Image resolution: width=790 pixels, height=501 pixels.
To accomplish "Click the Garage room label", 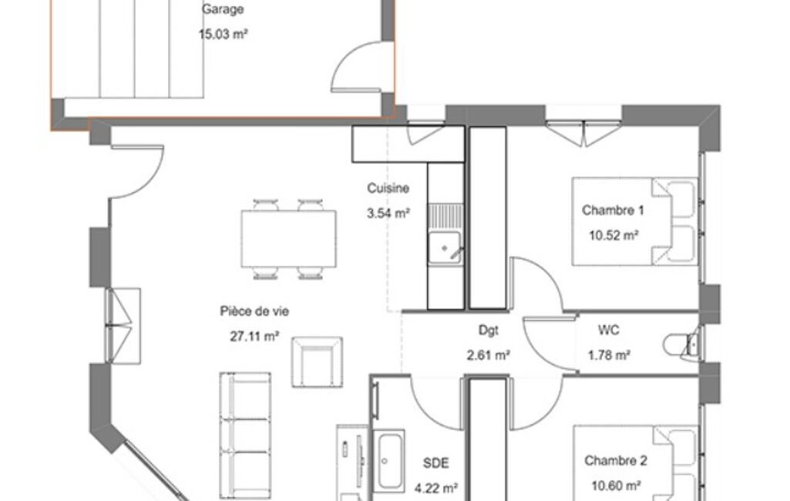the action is [x=223, y=9].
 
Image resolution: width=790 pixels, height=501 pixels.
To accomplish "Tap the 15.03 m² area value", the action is [x=224, y=34].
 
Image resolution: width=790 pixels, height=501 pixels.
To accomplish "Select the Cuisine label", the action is [x=388, y=188].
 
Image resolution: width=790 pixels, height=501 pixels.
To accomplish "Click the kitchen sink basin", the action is [x=445, y=248].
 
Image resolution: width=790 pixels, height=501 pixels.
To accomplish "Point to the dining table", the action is [x=289, y=239].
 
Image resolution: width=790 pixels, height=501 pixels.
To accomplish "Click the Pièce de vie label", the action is [x=254, y=311].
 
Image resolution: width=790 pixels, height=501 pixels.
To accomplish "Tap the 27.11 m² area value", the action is [x=254, y=336].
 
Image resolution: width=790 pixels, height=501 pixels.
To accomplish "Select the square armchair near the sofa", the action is [x=317, y=362].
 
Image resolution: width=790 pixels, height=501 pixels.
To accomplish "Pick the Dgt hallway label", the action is [x=488, y=330].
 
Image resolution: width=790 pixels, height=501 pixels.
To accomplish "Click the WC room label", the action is [x=609, y=330].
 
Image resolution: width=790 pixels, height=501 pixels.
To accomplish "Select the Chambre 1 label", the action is [x=613, y=210].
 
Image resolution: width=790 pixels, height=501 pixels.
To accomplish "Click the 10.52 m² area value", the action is [x=614, y=235].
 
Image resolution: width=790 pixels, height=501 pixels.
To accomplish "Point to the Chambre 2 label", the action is [x=616, y=460].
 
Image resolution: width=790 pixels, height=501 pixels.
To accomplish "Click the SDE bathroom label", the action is [x=435, y=462].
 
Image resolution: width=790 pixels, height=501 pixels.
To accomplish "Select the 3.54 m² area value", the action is [x=388, y=214].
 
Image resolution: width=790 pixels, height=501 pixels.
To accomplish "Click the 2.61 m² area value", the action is [x=488, y=355].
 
